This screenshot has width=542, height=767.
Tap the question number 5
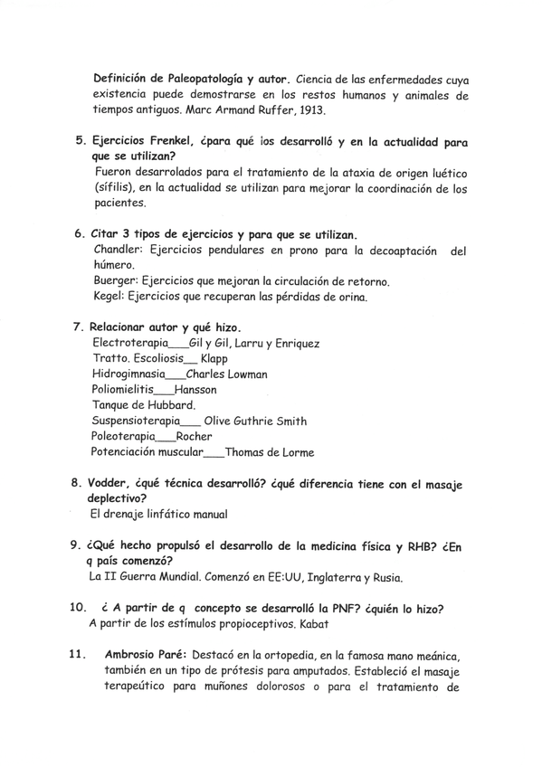[78, 142]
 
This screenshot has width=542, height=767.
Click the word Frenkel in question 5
[185, 142]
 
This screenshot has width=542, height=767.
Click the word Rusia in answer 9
[382, 576]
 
